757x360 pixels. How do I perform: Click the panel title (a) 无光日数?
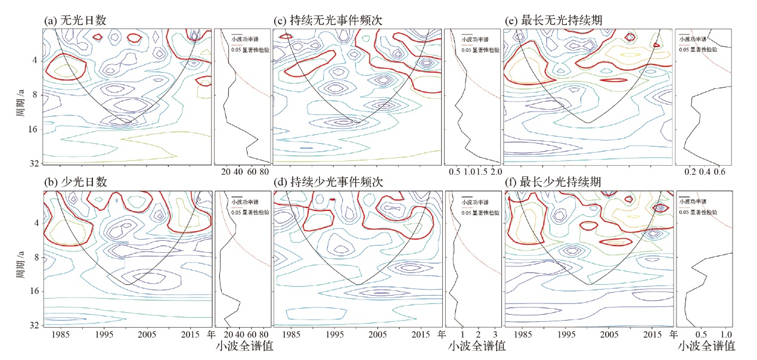click(76, 20)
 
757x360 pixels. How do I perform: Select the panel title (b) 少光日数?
click(76, 182)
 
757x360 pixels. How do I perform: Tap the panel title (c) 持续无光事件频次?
click(328, 20)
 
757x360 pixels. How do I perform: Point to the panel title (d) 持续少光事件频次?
click(328, 182)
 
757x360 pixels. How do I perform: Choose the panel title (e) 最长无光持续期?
click(553, 20)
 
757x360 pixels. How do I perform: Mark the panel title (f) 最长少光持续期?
click(553, 182)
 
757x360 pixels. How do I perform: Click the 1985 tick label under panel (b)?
click(58, 335)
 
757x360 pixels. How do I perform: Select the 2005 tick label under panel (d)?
click(378, 335)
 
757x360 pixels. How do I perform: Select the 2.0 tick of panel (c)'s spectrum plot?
click(496, 172)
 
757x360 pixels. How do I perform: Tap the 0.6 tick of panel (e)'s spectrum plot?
click(719, 172)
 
